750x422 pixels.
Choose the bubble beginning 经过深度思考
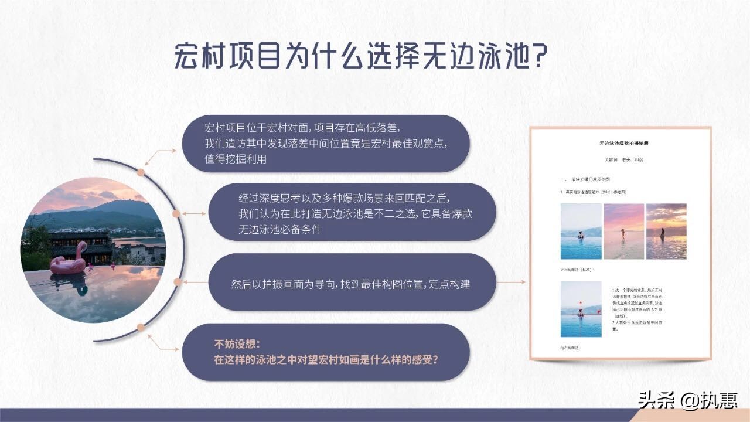352,212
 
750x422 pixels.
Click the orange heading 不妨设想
238,343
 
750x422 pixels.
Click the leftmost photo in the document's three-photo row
581,232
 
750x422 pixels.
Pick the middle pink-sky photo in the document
623,232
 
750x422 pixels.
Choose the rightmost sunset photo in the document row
666,232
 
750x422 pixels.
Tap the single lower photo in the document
581,309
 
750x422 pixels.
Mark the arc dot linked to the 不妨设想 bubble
140,327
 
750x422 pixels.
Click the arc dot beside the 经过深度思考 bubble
176,215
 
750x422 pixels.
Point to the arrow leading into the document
513,282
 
